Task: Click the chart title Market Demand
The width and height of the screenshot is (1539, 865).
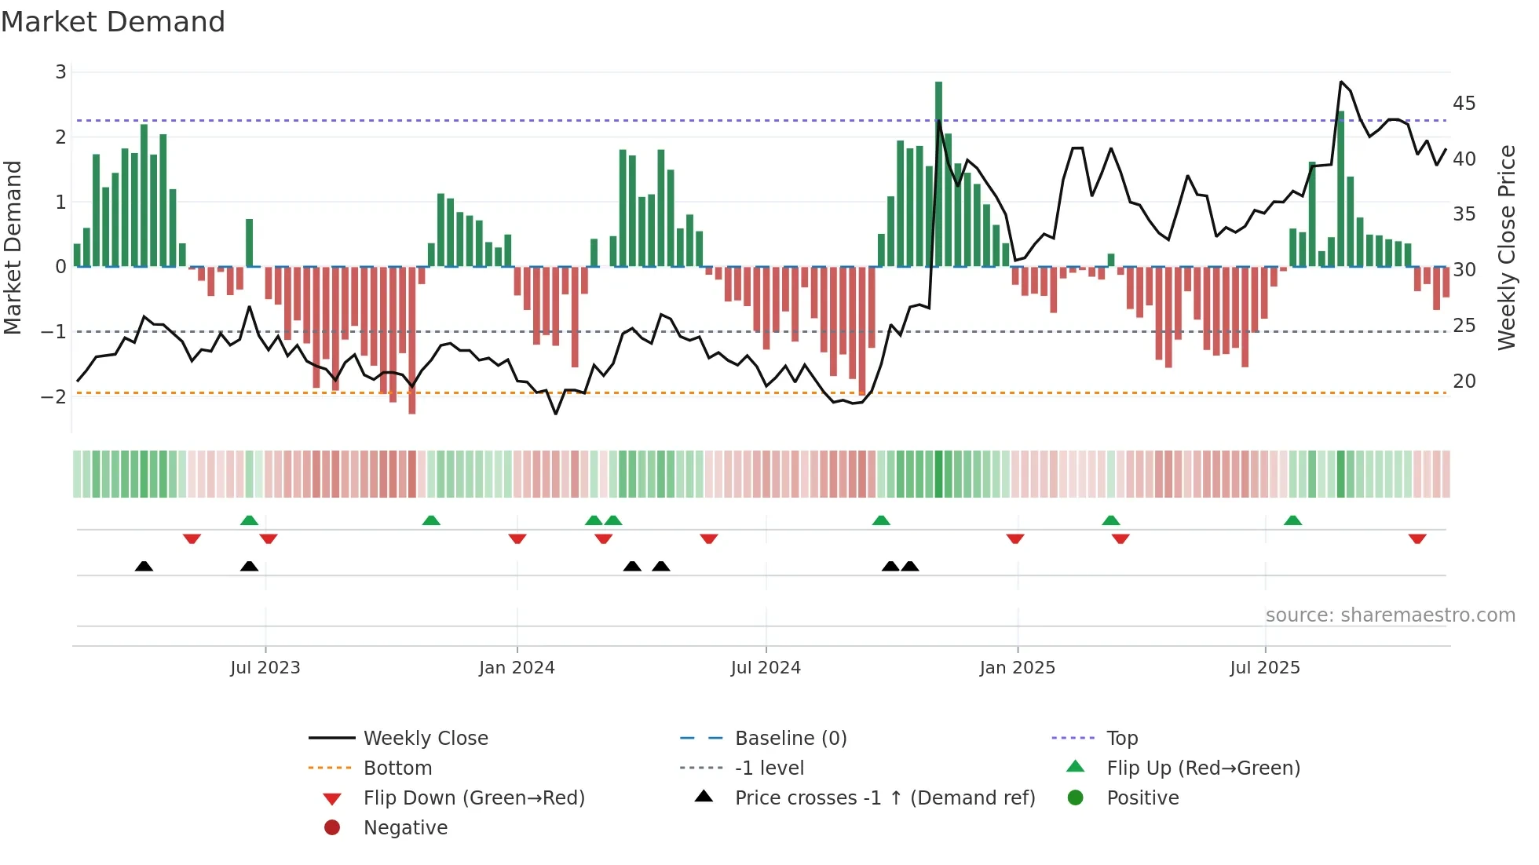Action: (113, 22)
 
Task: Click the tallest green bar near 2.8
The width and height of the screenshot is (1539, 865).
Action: (938, 173)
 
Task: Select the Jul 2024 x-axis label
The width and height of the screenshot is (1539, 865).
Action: (765, 668)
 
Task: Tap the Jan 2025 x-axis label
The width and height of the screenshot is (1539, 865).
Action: (1017, 668)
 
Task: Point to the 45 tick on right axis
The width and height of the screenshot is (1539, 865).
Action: (1464, 104)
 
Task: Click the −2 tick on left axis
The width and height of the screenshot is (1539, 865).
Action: (53, 396)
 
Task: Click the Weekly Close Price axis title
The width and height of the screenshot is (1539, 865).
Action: (1506, 247)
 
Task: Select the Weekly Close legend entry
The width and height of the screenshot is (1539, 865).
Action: (425, 739)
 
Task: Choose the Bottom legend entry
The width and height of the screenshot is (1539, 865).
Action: (397, 768)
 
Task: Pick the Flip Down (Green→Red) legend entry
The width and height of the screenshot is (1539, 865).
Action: (473, 798)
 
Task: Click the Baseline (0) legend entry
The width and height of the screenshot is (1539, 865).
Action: (790, 739)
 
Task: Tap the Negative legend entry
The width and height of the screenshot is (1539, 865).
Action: (405, 828)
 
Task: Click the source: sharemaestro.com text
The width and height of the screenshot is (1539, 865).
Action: (1390, 615)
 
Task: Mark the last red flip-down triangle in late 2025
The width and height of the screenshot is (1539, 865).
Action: (1417, 538)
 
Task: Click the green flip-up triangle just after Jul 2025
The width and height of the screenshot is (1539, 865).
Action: (1292, 520)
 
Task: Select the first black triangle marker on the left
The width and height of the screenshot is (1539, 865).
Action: (144, 566)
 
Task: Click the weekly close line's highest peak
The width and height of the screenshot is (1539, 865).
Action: (1341, 82)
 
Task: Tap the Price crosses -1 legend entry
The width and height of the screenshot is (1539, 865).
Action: (884, 798)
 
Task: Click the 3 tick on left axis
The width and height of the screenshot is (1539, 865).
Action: (60, 72)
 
